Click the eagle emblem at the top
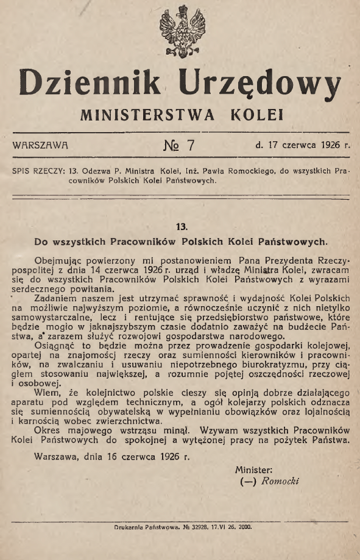180,31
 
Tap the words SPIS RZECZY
38,171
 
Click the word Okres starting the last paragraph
51,430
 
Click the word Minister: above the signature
252,469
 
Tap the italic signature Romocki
280,481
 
